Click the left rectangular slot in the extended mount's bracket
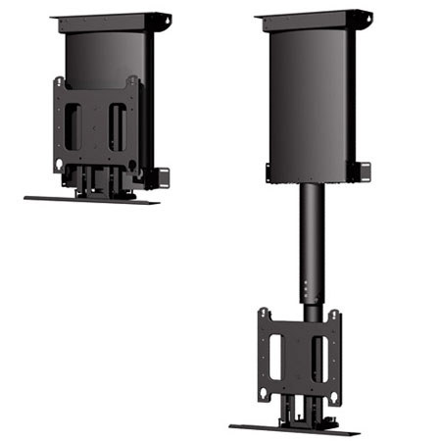[275, 353]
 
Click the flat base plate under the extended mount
[295, 429]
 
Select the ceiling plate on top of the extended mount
[312, 18]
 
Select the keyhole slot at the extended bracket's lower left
[265, 386]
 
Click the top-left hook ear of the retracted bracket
[59, 81]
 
